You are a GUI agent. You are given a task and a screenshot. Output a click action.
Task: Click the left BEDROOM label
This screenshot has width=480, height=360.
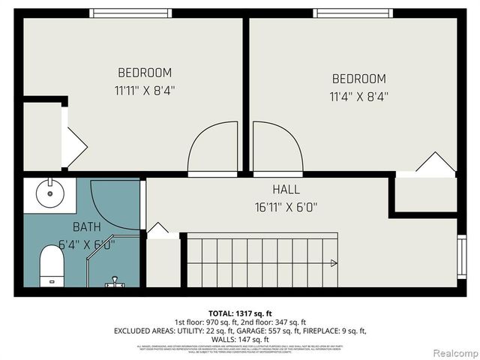point(145,73)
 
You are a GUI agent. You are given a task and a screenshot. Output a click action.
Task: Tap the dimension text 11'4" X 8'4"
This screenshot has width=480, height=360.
point(358,96)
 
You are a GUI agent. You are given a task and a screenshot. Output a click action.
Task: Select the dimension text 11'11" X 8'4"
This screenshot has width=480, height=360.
point(145,91)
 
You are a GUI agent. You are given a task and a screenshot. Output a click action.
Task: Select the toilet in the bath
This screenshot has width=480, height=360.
point(52,265)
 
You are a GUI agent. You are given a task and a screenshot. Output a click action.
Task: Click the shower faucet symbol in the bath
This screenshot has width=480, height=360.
point(114,282)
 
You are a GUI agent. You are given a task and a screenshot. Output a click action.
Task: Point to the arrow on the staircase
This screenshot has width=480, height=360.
point(332,262)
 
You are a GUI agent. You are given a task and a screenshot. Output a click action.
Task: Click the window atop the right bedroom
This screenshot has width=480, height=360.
point(352,13)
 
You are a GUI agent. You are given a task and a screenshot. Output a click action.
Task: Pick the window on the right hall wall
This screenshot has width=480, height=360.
point(461,256)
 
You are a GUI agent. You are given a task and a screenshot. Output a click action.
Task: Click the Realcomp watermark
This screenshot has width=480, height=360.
point(451,352)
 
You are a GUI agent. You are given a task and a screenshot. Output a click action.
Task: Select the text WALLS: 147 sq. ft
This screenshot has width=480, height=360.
point(239,339)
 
